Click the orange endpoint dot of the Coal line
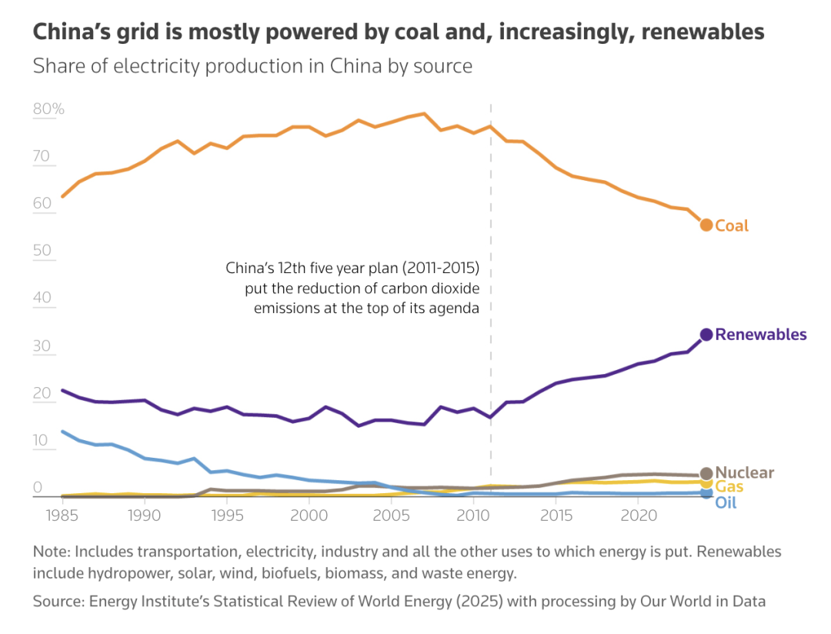point(706,225)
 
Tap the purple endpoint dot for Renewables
point(706,335)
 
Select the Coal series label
point(732,225)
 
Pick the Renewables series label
point(761,335)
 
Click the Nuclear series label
point(745,472)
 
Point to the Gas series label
point(729,486)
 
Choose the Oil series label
point(726,503)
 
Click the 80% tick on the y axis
point(48,109)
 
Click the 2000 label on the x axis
point(309,512)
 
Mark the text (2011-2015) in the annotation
point(438,269)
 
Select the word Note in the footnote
point(50,552)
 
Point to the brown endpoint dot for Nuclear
point(706,473)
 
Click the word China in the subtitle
point(356,66)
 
